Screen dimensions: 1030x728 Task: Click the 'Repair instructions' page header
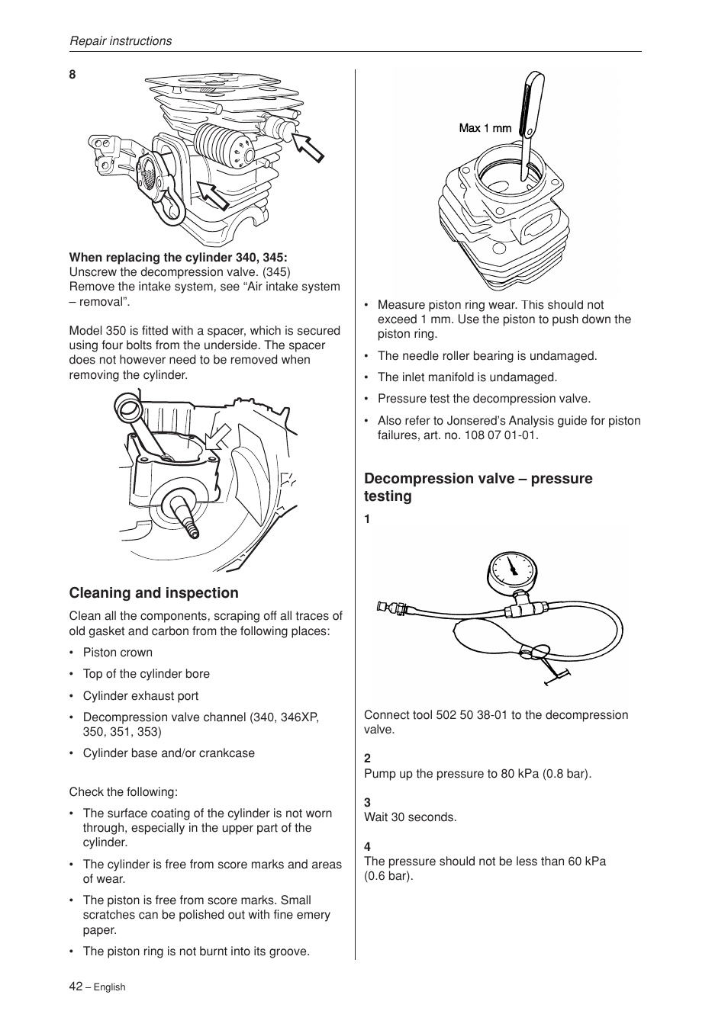[x=121, y=41]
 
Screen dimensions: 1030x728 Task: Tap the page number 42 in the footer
[x=76, y=986]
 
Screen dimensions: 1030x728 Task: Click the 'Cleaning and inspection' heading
[x=153, y=593]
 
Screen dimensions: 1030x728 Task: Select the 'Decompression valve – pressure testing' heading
[x=478, y=487]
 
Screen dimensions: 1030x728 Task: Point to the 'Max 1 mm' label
[x=485, y=128]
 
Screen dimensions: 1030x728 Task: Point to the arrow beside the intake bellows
[x=211, y=195]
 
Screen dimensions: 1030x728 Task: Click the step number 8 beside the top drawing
[x=72, y=75]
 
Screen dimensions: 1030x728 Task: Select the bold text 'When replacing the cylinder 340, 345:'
[x=178, y=257]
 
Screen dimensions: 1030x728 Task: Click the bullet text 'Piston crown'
[x=118, y=653]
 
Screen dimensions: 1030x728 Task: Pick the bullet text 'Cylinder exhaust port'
[x=140, y=696]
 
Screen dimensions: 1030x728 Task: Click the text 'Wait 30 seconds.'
[x=410, y=817]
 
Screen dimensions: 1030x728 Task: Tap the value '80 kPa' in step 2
[x=520, y=774]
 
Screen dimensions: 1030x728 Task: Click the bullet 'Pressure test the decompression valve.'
[x=484, y=399]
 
